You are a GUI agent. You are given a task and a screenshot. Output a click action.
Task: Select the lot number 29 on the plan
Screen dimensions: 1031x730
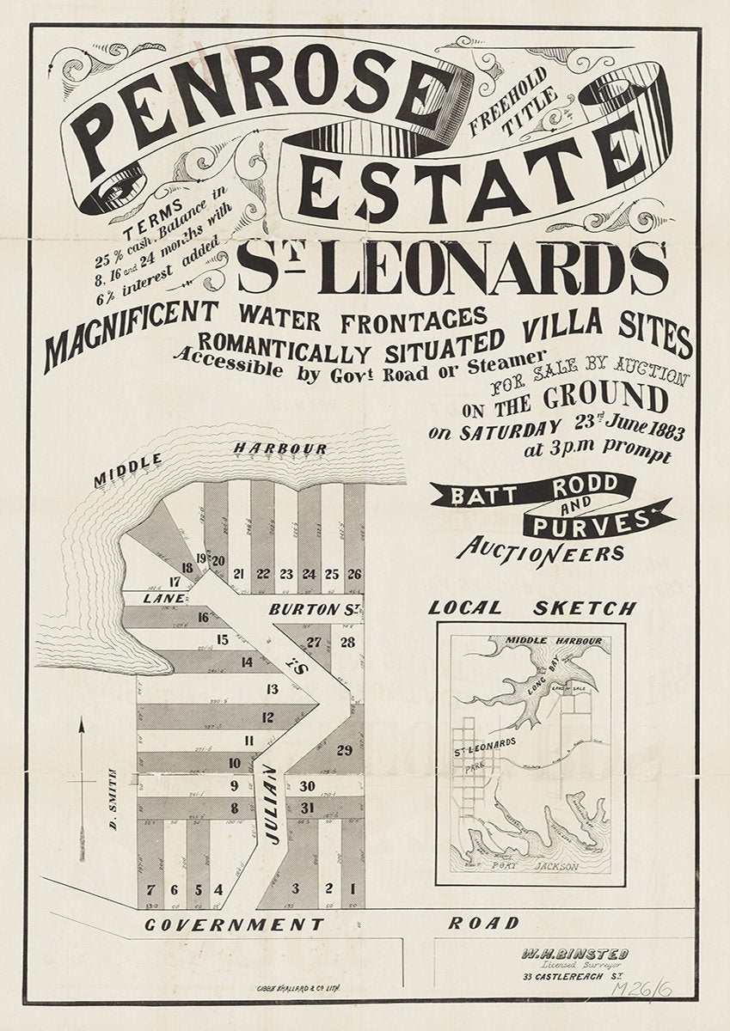tap(344, 750)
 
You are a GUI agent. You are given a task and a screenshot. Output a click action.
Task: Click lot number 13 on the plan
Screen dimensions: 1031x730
tap(272, 688)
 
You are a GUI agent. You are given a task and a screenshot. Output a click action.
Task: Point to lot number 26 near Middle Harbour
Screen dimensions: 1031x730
tap(353, 574)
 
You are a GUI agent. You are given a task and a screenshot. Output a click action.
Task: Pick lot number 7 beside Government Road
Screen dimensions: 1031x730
tap(151, 888)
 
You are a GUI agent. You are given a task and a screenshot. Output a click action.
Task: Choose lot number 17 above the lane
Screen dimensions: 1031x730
tap(175, 582)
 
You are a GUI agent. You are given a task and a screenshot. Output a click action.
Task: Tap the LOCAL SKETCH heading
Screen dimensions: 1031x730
tap(533, 608)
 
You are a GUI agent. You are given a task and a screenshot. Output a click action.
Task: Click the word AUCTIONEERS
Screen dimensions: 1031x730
tap(542, 551)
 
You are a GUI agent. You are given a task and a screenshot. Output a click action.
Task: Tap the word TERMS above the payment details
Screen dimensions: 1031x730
tap(153, 207)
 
